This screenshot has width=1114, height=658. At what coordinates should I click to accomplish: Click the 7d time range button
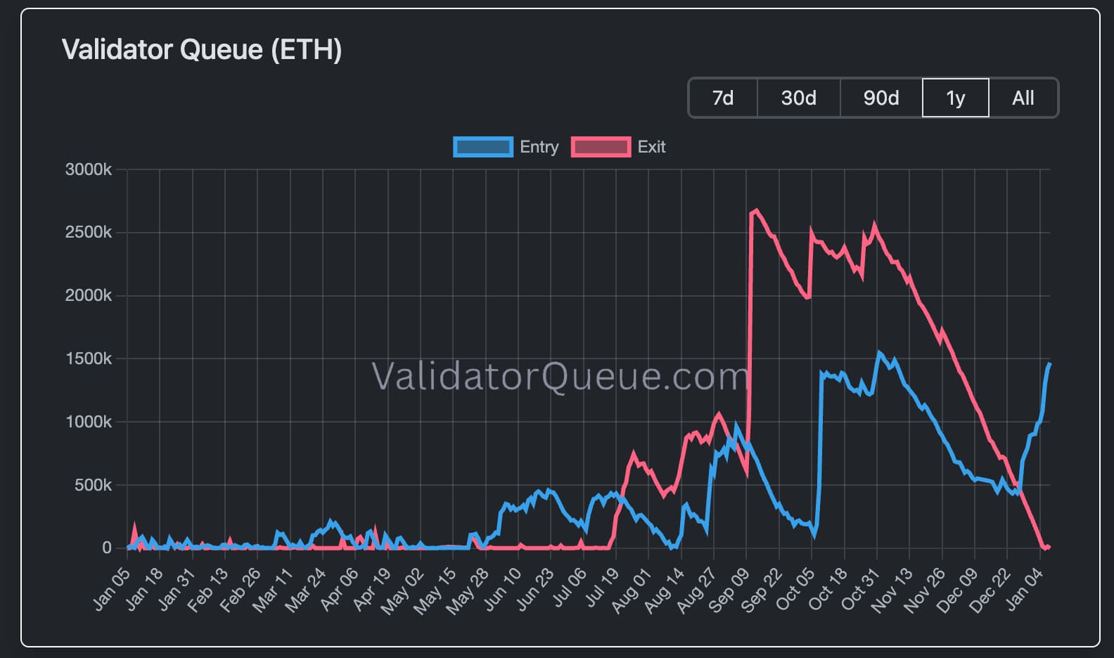(722, 98)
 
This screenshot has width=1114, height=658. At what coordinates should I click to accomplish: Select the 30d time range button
(798, 98)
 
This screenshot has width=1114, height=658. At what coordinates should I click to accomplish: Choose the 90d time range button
(881, 98)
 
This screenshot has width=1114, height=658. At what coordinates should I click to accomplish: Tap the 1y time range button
(955, 98)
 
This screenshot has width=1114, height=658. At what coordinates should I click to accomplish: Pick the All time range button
(1023, 98)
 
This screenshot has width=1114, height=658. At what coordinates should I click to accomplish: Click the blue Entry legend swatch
(483, 147)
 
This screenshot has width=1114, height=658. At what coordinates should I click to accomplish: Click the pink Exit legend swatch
(601, 147)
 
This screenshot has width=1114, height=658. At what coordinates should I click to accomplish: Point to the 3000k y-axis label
(88, 169)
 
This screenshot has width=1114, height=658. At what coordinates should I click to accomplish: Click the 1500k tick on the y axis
(88, 359)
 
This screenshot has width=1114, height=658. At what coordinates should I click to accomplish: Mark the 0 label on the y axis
(106, 548)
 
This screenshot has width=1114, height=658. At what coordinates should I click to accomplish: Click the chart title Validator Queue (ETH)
(202, 50)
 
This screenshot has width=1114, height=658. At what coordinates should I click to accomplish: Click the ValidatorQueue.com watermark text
(559, 376)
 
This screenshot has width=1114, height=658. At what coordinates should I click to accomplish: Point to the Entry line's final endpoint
(1049, 364)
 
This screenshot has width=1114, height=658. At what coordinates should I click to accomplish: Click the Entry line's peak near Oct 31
(878, 353)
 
